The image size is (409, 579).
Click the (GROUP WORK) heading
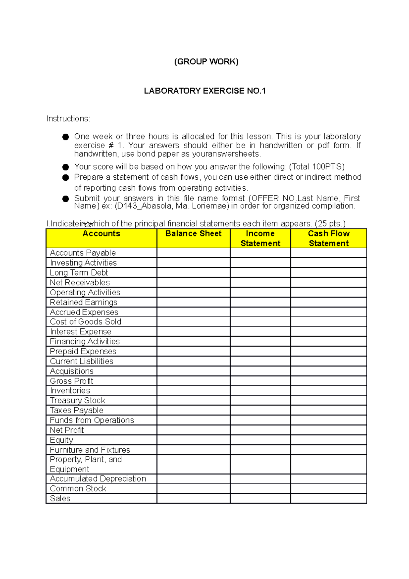coord(206,62)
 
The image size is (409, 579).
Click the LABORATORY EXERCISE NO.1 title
coord(204,91)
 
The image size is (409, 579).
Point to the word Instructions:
coord(68,119)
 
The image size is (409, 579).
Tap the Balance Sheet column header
coord(193,234)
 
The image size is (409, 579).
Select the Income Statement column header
coord(260,238)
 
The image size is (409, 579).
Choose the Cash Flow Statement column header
coord(329,238)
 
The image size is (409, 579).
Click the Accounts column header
coord(101,234)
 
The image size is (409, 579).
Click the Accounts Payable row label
coord(83,253)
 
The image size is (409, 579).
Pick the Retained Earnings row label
coord(84,302)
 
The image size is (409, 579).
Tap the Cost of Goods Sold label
coord(86,322)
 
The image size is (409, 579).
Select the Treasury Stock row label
coord(77,400)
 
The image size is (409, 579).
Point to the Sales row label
coord(60,498)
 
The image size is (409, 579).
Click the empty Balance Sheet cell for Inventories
coord(193,390)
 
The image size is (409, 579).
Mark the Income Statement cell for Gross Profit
coord(260,381)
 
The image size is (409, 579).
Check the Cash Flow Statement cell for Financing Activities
coord(329,341)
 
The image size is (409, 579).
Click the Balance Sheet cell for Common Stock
coord(193,488)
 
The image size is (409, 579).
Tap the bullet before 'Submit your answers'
coord(66,199)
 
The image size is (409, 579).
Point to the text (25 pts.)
coord(330,224)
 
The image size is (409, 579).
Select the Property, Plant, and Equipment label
coord(86,464)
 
